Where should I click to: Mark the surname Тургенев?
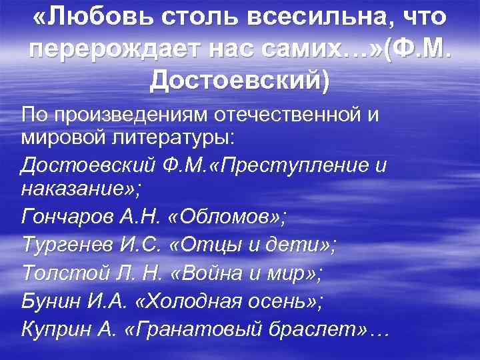[61, 243]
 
